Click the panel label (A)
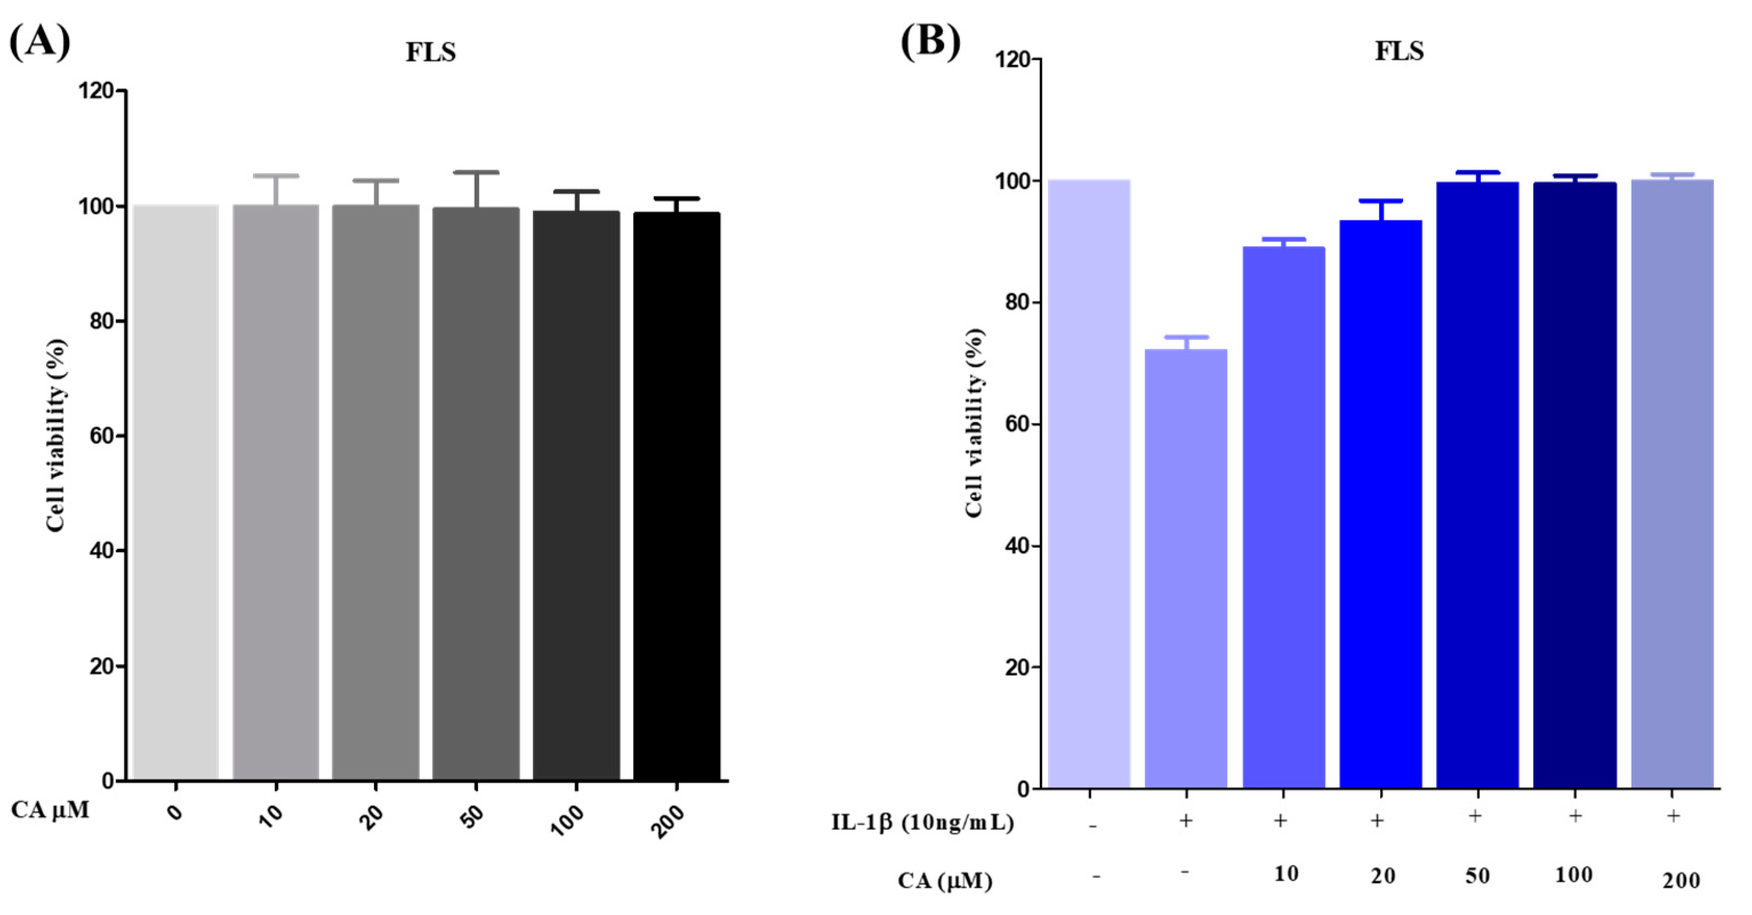pyautogui.click(x=39, y=42)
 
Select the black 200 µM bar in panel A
pyautogui.click(x=676, y=496)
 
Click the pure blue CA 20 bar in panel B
pyautogui.click(x=1381, y=503)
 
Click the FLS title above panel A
pyautogui.click(x=431, y=53)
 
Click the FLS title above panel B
pyautogui.click(x=1399, y=51)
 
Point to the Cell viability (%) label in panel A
pyautogui.click(x=57, y=435)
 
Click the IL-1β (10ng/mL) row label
pyautogui.click(x=922, y=823)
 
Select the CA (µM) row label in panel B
pyautogui.click(x=945, y=881)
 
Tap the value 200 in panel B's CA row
pyautogui.click(x=1681, y=881)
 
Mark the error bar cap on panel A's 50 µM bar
pyautogui.click(x=476, y=172)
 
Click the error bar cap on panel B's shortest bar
pyautogui.click(x=1186, y=337)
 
